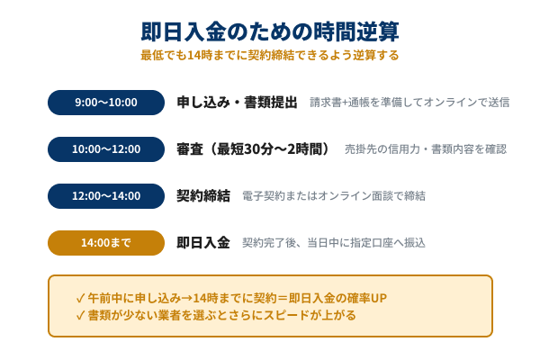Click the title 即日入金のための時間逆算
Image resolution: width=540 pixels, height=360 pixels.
point(270,31)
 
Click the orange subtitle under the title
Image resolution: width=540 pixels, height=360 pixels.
point(270,55)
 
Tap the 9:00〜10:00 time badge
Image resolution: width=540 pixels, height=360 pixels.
point(106,102)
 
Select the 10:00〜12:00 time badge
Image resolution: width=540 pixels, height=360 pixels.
point(106,148)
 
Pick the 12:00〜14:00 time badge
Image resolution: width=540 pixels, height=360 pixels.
point(106,195)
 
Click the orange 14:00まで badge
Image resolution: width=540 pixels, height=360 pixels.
point(106,242)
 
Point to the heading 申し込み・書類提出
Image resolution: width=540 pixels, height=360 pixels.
point(237,102)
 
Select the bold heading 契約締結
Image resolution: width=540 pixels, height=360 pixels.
point(203,195)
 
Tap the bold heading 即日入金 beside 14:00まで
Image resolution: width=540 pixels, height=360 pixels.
point(203,242)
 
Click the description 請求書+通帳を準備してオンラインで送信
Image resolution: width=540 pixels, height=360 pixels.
point(409,102)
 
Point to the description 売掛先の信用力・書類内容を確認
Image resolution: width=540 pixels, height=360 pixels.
point(426,148)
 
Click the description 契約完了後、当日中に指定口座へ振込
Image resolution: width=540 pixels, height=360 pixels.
point(333,242)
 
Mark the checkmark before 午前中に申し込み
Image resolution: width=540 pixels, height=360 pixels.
point(81,296)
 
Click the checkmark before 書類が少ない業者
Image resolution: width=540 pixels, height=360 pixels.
point(81,315)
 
